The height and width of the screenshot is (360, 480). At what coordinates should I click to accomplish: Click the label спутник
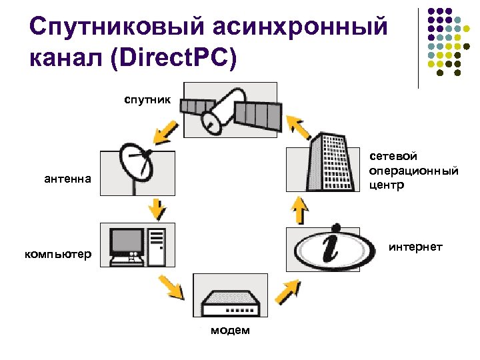147,101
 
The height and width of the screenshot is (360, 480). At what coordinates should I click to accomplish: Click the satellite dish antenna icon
137,170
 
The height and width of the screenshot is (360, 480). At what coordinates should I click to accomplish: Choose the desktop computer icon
137,245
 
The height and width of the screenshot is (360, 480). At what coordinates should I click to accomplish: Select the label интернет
415,247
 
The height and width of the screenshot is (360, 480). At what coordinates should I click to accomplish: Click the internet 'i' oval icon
323,248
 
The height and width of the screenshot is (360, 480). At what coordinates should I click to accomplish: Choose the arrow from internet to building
300,211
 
